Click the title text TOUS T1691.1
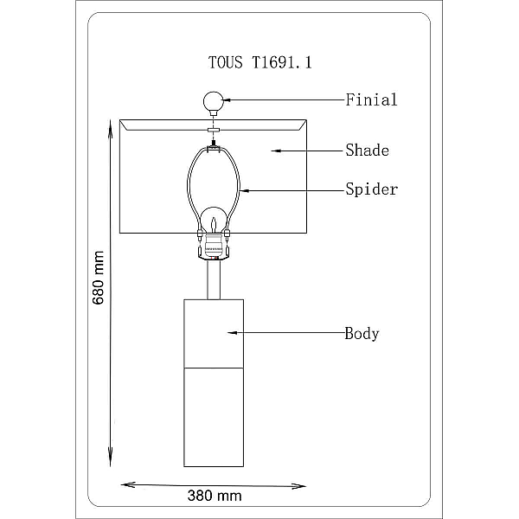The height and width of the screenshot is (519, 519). click(x=259, y=62)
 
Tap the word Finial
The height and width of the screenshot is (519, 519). click(x=371, y=100)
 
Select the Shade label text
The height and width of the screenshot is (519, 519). click(x=367, y=151)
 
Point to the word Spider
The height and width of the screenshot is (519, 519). click(x=371, y=189)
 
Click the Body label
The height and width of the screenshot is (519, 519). click(x=362, y=334)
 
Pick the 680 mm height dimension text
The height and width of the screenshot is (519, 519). click(x=99, y=278)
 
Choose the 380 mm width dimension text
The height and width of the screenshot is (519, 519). click(x=215, y=496)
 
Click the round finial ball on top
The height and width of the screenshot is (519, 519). click(x=214, y=101)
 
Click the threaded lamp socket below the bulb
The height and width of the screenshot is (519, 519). click(x=214, y=247)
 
